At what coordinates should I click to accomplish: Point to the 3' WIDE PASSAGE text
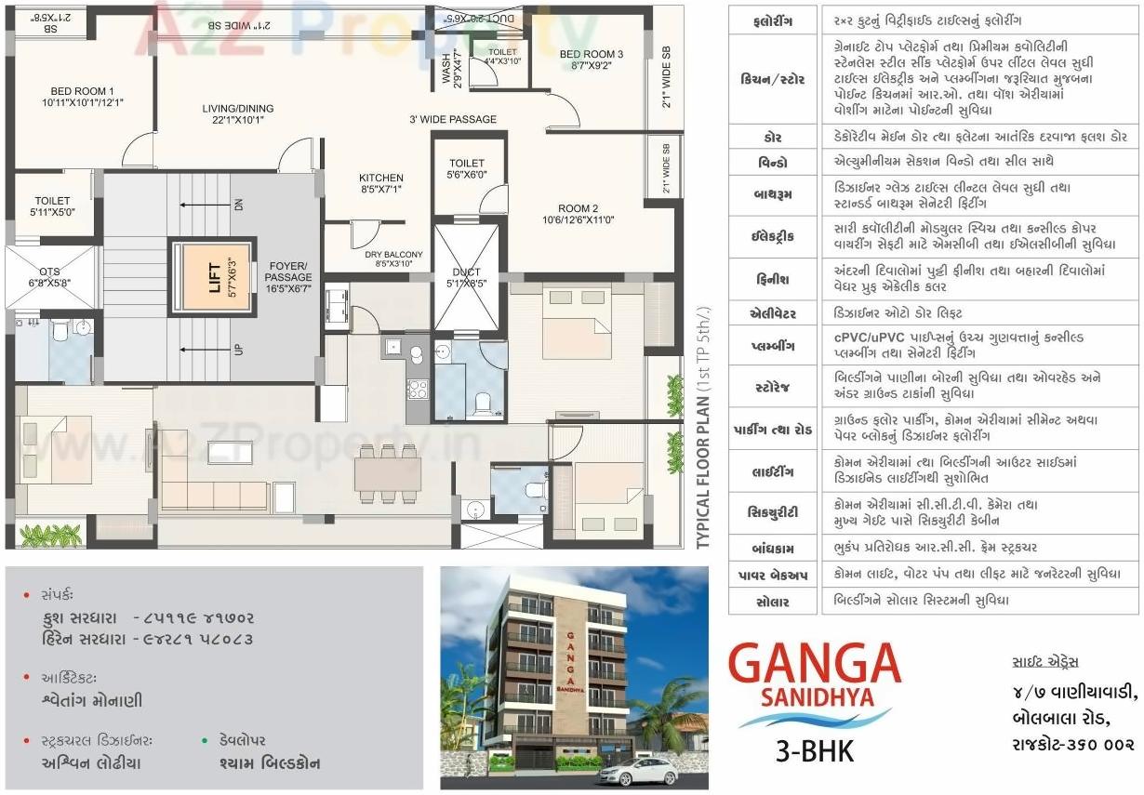[x=453, y=119]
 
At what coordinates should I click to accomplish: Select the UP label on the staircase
[x=239, y=350]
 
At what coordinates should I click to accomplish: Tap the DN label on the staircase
[x=239, y=205]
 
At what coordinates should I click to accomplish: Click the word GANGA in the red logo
[x=814, y=664]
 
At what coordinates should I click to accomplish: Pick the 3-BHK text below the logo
[x=815, y=750]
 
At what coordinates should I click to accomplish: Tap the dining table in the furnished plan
[x=387, y=474]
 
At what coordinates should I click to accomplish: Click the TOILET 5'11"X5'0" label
[x=52, y=205]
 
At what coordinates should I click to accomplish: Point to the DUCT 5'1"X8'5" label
[x=466, y=277]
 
